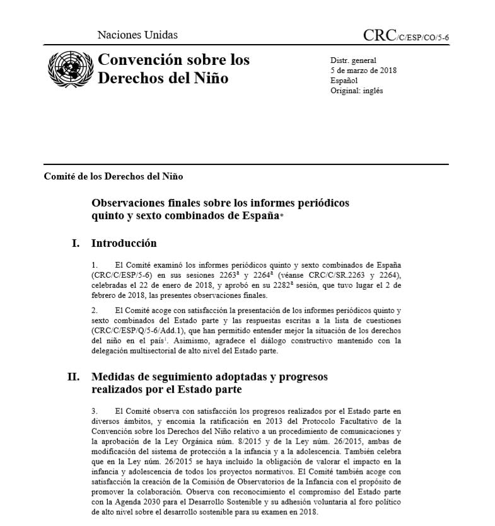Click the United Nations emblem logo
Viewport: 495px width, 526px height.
(69, 69)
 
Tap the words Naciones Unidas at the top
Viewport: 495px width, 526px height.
(137, 35)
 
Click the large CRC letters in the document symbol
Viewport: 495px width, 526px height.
(380, 35)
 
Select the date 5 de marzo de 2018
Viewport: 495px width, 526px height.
(364, 70)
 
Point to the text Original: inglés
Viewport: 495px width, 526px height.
(356, 90)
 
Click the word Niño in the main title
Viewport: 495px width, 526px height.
(211, 79)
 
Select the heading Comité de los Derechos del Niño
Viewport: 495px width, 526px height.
(114, 176)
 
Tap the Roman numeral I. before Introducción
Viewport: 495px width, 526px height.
(76, 243)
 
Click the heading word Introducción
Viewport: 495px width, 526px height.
(124, 243)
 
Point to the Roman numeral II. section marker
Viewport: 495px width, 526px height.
(73, 377)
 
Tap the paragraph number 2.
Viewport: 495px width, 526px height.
(94, 310)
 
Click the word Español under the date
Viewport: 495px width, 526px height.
(344, 80)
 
